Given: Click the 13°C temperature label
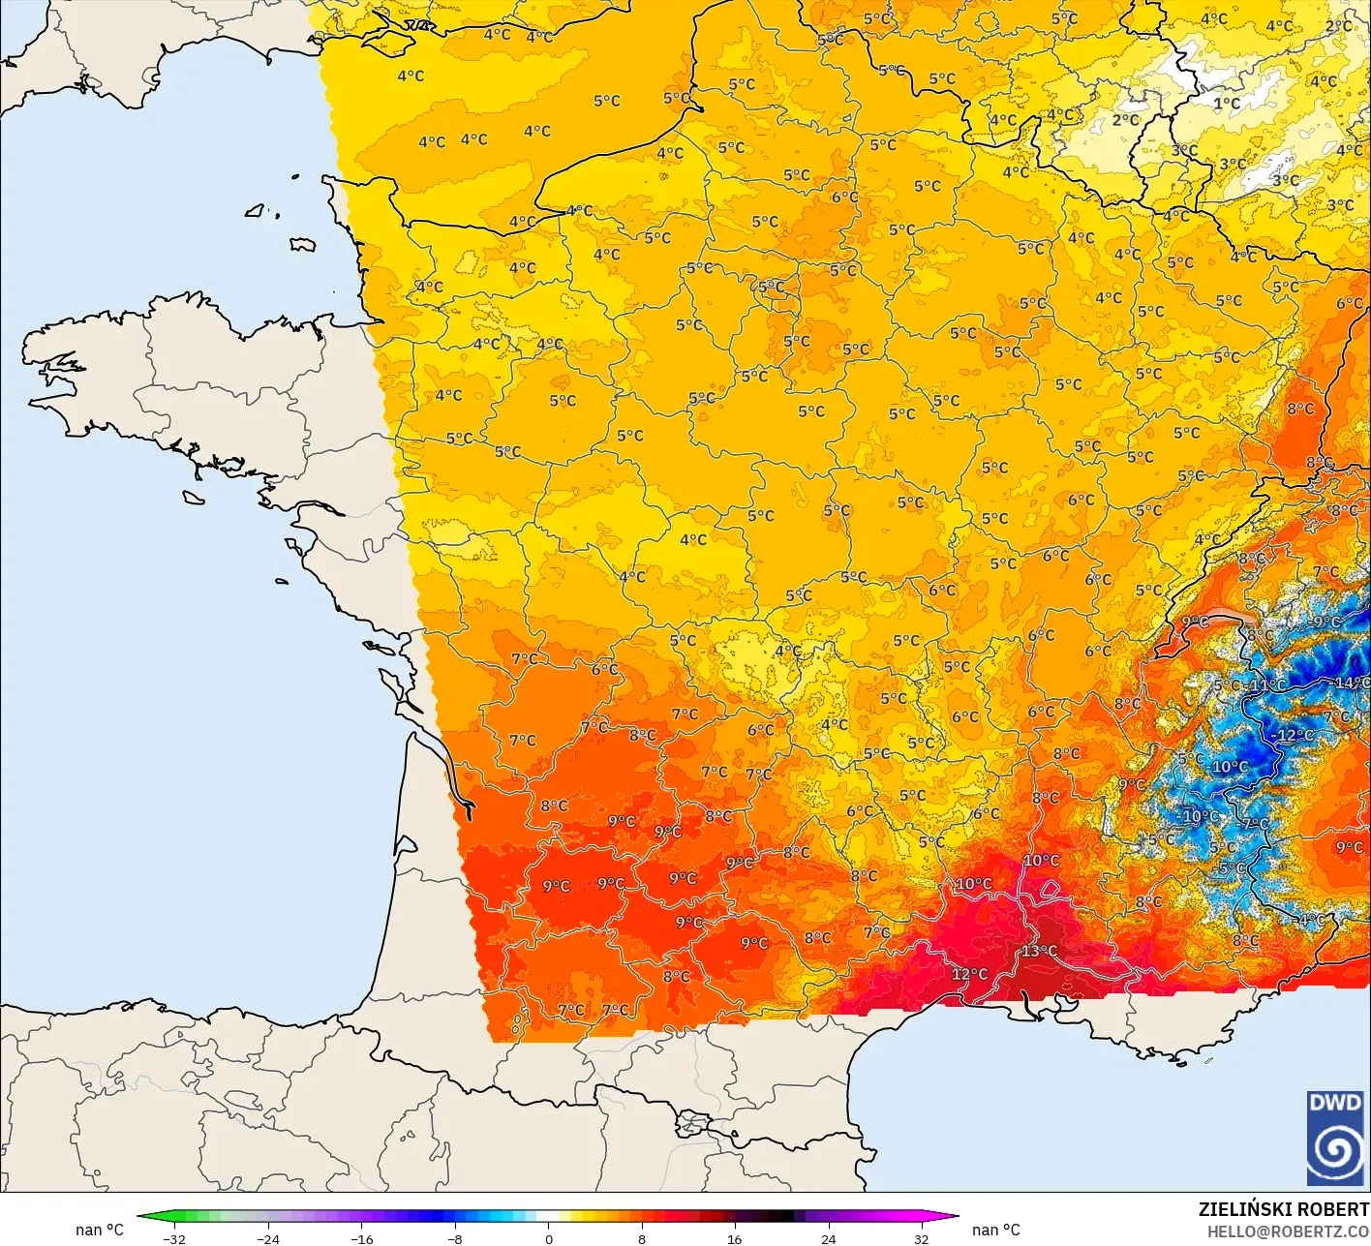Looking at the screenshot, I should point(1040,952).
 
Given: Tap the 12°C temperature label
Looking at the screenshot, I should point(969,974).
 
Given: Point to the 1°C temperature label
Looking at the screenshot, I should point(1227,104).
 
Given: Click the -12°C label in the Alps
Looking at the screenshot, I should point(1294,736).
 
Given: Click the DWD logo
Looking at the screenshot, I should point(1335,1138).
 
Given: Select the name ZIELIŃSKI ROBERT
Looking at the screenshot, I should point(1283,1209).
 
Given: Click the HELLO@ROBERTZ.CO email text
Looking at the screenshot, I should point(1288,1231).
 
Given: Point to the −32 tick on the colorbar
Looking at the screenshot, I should point(174,1238).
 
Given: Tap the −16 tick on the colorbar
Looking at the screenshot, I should point(361,1238).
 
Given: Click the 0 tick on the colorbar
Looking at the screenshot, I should point(548,1238).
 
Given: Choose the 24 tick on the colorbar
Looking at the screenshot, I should point(828,1238).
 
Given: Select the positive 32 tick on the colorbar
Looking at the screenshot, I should point(921,1238).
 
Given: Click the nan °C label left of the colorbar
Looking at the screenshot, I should point(100,1230).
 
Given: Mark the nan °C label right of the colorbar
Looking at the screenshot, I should point(995,1230).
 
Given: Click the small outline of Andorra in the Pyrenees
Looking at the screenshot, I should point(693,1124).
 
